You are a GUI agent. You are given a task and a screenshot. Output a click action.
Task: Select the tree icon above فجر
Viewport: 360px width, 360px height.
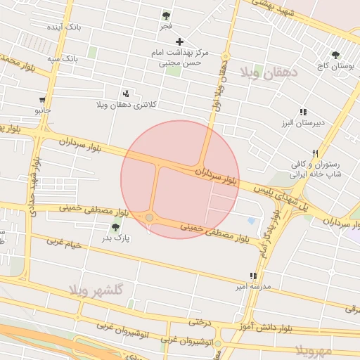[x=166, y=15]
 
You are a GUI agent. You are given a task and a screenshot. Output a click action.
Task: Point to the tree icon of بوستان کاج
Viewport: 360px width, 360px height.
[x=335, y=54]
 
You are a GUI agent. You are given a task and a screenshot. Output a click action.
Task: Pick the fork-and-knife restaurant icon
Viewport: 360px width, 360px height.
[x=316, y=153]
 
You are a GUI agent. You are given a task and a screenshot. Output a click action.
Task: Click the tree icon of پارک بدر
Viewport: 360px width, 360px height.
[x=115, y=227]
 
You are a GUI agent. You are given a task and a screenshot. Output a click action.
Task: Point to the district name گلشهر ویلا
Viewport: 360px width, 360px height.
[x=96, y=290]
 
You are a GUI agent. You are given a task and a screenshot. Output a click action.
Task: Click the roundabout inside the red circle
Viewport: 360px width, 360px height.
[x=150, y=218]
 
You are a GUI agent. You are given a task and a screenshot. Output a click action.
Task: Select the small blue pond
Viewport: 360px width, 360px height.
[x=252, y=221]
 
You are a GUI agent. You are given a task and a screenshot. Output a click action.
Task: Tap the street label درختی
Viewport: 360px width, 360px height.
[x=198, y=321]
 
